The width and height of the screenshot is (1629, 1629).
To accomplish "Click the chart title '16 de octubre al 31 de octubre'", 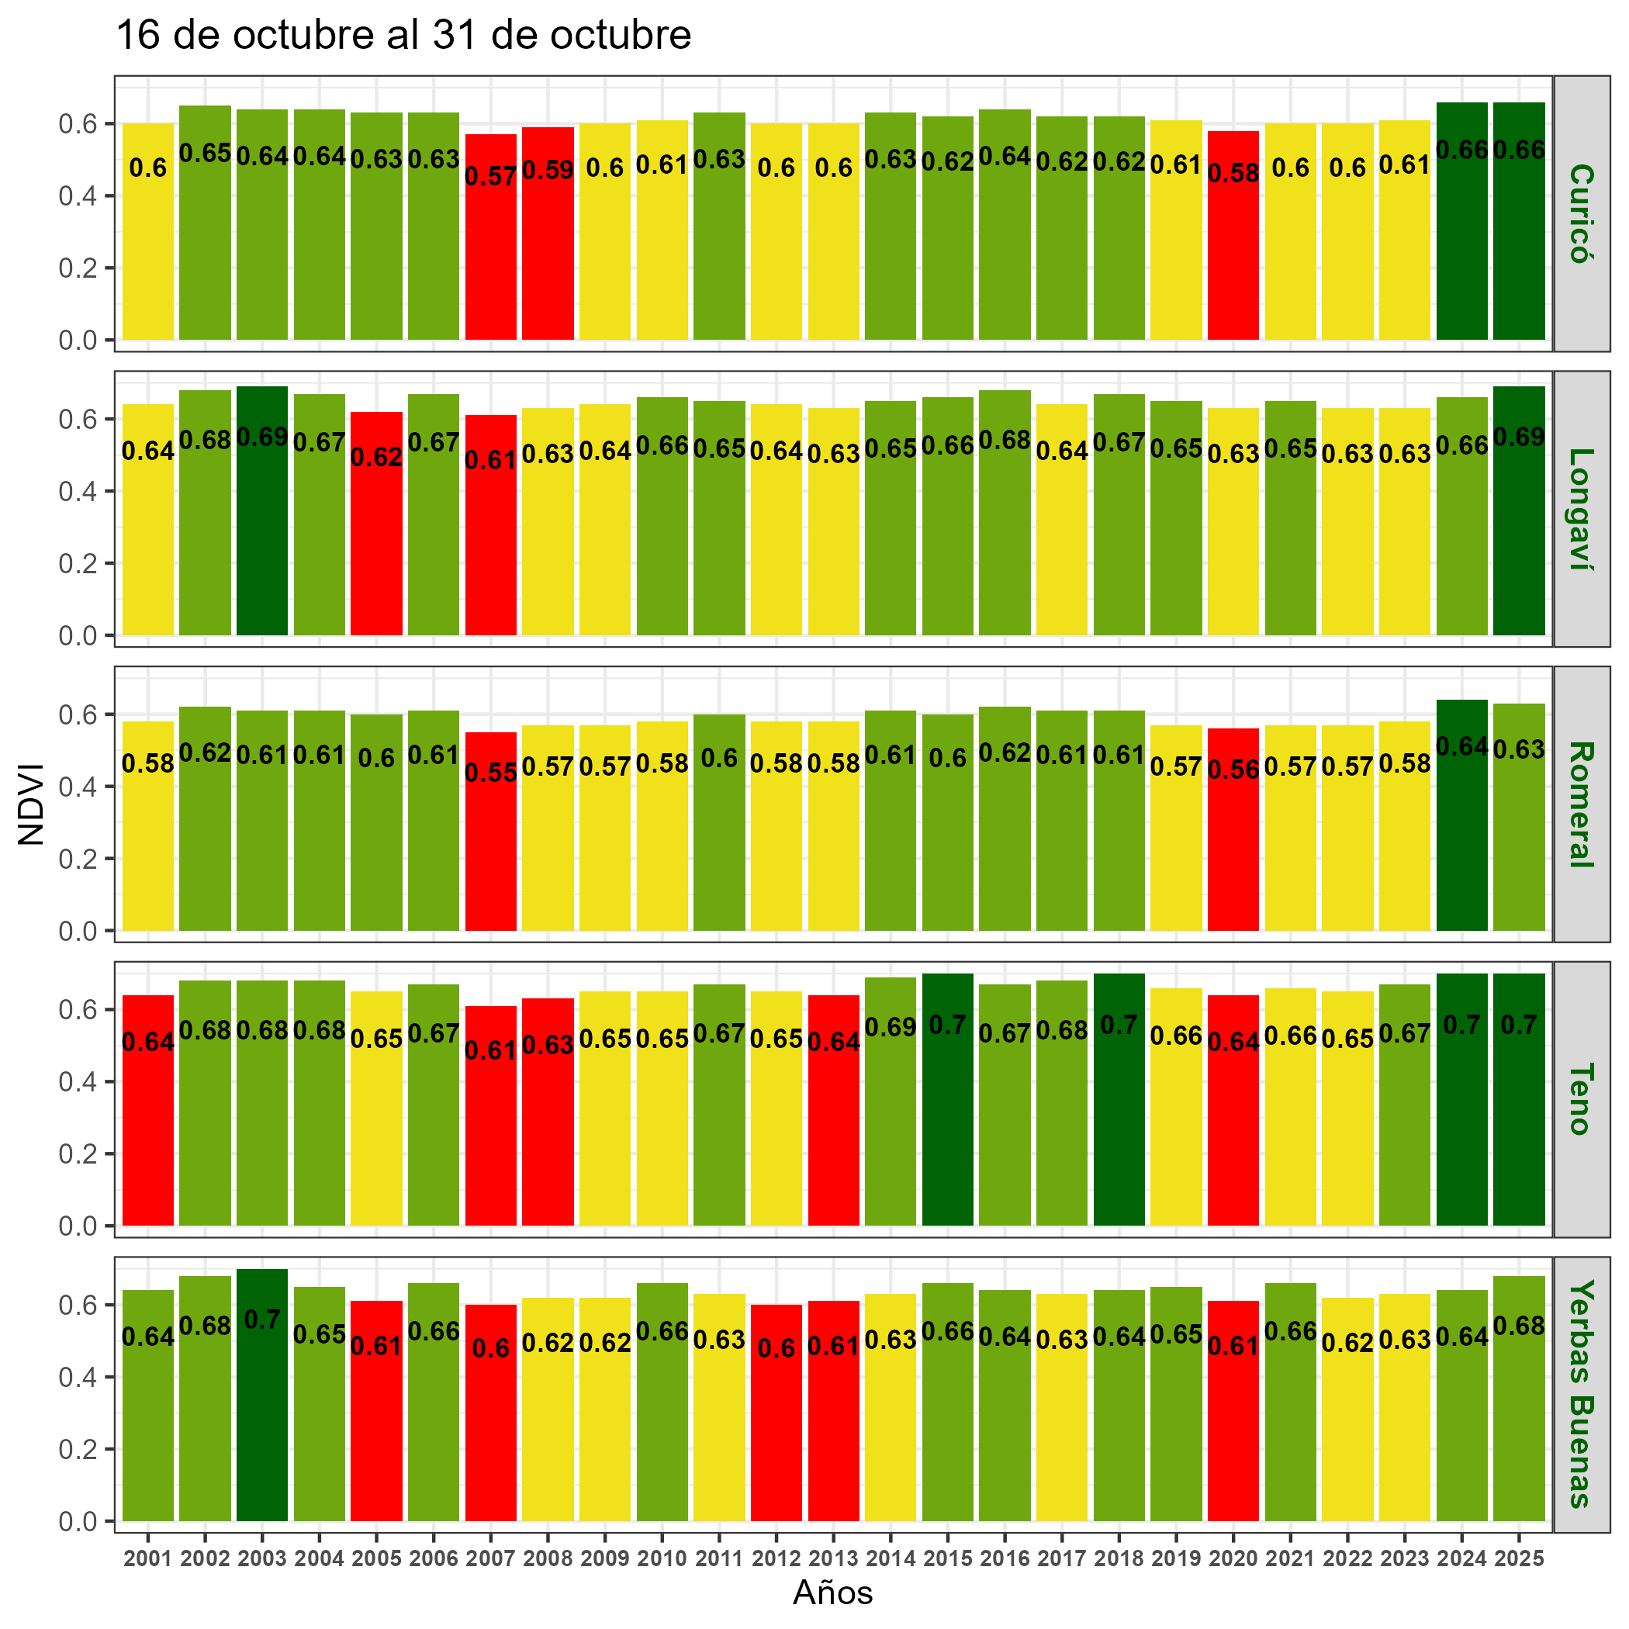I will tap(403, 36).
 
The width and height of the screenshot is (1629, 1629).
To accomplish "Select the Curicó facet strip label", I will tap(1580, 213).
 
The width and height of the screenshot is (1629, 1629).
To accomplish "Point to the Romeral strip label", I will tap(1580, 804).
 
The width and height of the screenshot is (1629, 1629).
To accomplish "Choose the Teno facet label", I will tap(1580, 1099).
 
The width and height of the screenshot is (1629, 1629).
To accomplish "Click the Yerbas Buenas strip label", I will tap(1580, 1394).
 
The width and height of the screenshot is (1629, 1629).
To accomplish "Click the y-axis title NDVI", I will tap(31, 804).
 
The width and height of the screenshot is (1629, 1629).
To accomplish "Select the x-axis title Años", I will tap(832, 1593).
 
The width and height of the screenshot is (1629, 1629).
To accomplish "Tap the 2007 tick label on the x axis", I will tap(491, 1559).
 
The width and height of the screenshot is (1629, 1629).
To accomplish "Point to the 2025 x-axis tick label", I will tap(1519, 1559).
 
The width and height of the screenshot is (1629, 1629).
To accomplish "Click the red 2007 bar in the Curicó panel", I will tap(491, 253).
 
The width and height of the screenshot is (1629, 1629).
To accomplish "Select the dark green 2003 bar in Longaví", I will tap(262, 540).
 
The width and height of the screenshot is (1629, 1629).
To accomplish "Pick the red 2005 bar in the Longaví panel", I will tap(376, 548).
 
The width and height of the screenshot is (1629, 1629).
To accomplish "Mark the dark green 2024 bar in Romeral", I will tap(1461, 843).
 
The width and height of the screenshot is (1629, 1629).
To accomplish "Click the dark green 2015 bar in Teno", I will tap(948, 1130).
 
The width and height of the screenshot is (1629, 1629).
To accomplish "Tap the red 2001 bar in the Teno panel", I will tap(148, 1138).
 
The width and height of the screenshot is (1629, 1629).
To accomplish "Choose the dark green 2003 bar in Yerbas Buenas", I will tap(262, 1425).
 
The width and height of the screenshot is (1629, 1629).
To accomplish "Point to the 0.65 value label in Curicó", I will tap(205, 153).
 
